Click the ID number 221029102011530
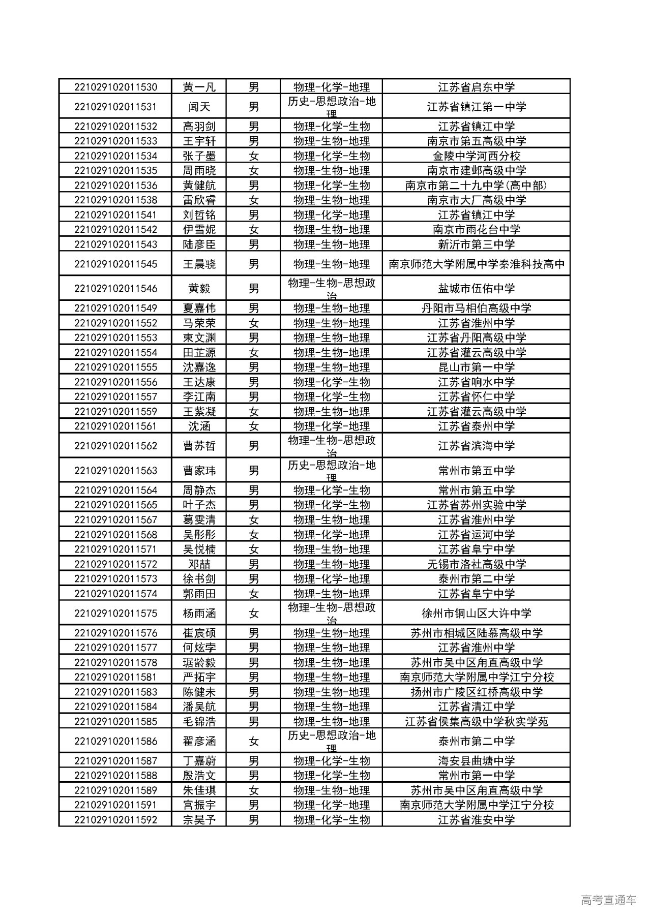115,87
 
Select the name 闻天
199,107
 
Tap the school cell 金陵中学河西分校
476,156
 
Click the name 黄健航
199,185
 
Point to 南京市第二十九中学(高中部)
476,185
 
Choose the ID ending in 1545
115,264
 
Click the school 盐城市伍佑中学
476,288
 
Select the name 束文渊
199,338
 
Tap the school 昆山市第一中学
476,367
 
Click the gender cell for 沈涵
253,426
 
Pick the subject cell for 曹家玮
332,470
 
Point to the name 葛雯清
199,519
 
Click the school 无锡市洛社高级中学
476,564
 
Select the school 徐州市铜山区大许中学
476,613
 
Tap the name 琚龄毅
199,662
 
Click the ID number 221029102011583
115,692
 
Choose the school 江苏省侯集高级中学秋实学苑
476,721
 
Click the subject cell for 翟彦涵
332,741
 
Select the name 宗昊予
199,819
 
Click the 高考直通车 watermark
608,900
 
